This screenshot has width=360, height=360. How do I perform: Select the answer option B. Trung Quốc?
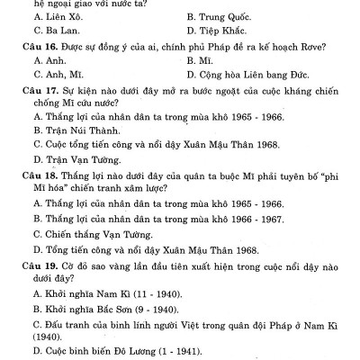coord(221,16)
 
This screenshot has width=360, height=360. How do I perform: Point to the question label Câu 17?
coord(36,93)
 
